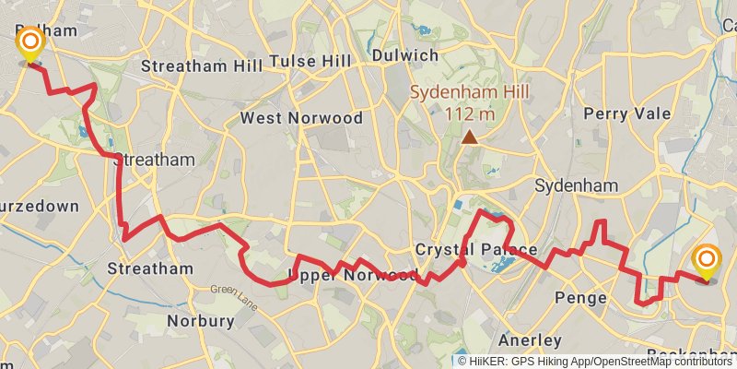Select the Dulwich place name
click(404, 55)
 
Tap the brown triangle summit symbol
click(470, 137)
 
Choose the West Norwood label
click(288, 118)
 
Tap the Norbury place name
click(201, 321)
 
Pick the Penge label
click(582, 298)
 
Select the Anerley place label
click(530, 339)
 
